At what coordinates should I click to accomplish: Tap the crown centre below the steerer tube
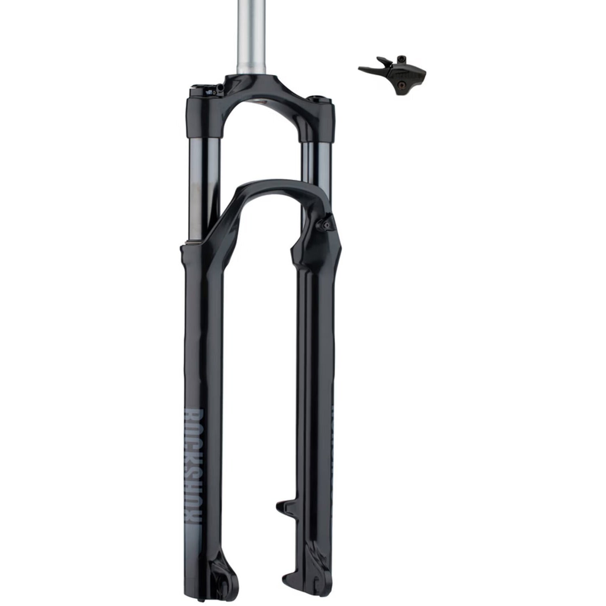pos(259,87)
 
